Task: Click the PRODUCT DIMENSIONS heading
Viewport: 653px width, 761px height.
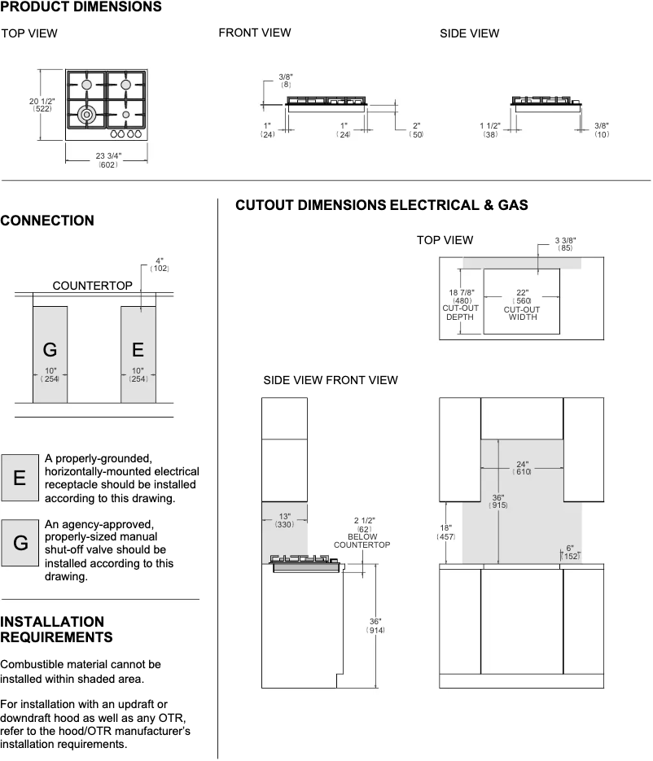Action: click(x=81, y=7)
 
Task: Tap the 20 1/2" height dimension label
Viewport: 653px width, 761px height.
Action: click(x=42, y=104)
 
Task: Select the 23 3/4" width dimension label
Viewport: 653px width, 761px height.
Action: click(x=107, y=160)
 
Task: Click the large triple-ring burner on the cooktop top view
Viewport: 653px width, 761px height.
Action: click(x=86, y=113)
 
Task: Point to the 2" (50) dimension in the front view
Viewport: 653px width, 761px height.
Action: click(x=417, y=129)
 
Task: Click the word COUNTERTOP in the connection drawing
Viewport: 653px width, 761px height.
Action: click(x=92, y=286)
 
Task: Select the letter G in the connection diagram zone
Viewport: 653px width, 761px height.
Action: click(x=50, y=350)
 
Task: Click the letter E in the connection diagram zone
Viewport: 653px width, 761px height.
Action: click(x=138, y=350)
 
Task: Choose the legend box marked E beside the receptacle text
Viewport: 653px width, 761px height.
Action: click(x=20, y=478)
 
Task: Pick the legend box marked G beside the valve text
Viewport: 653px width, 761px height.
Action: click(x=20, y=542)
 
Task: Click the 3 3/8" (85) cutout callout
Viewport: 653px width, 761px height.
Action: click(x=565, y=243)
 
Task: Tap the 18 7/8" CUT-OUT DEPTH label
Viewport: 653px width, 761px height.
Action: click(x=459, y=304)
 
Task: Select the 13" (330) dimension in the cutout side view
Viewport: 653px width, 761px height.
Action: click(x=284, y=520)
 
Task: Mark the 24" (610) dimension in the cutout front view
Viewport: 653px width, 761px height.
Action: click(x=522, y=469)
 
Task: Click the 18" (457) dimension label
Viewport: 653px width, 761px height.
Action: click(x=446, y=532)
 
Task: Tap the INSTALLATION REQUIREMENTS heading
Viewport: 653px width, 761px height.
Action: click(x=56, y=629)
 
